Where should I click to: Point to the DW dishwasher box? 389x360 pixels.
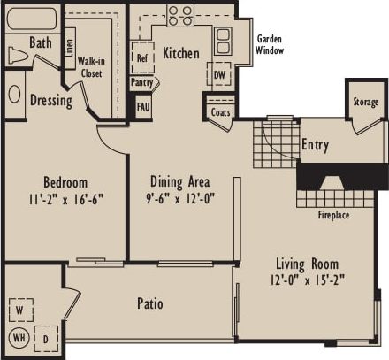coord(219,76)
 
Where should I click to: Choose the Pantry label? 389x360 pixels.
coord(142,82)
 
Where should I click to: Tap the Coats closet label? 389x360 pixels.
coord(219,112)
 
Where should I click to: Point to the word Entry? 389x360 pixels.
coord(316,144)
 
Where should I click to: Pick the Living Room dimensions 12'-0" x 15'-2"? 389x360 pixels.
coord(307,280)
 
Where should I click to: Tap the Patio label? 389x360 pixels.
coord(149,304)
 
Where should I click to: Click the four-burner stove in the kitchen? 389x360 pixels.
coord(180,15)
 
